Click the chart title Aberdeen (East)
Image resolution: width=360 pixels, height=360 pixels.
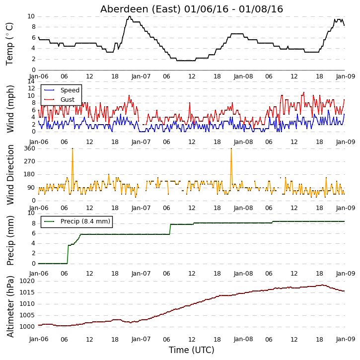click(x=141, y=9)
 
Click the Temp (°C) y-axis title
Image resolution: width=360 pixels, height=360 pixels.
click(x=9, y=44)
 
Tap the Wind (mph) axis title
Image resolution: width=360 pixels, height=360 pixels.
click(x=10, y=109)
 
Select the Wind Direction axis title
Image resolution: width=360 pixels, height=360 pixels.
click(x=10, y=174)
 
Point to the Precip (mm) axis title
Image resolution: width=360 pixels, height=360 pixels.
click(x=10, y=241)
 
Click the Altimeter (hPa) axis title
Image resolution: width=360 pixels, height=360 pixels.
click(x=10, y=306)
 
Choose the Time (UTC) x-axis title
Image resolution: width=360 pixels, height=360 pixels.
click(x=192, y=350)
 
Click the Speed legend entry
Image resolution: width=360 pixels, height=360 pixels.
click(x=70, y=90)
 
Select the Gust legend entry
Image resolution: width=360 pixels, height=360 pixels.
click(x=68, y=100)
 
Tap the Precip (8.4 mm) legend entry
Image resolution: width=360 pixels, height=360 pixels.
click(x=85, y=221)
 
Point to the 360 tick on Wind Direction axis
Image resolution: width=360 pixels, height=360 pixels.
click(x=30, y=148)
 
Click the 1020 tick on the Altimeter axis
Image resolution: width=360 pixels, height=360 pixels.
click(x=27, y=281)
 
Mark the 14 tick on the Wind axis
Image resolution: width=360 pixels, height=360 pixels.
click(x=31, y=81)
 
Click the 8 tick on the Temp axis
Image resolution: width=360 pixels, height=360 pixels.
click(x=34, y=27)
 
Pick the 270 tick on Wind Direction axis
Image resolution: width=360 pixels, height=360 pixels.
click(x=30, y=161)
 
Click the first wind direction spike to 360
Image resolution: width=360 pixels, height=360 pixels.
click(x=72, y=149)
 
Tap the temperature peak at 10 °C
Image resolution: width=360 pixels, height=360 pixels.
click(x=130, y=16)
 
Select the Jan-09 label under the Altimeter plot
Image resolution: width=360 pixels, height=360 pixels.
click(x=346, y=339)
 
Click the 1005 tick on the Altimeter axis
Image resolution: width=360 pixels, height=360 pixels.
click(x=27, y=315)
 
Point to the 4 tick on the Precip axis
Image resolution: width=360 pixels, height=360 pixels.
click(x=34, y=243)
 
